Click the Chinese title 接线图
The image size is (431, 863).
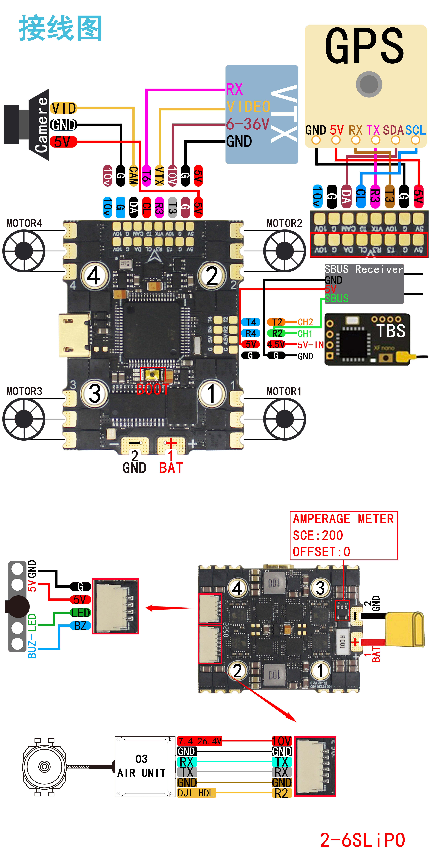pyautogui.click(x=60, y=28)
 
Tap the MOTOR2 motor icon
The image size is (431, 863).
pyautogui.click(x=284, y=251)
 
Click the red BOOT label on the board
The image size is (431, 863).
pyautogui.click(x=152, y=389)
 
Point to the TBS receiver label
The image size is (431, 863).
pyautogui.click(x=391, y=331)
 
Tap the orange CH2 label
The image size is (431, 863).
pyautogui.click(x=305, y=322)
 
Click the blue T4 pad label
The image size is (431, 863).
pyautogui.click(x=251, y=322)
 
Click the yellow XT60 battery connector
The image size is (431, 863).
pyautogui.click(x=405, y=630)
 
